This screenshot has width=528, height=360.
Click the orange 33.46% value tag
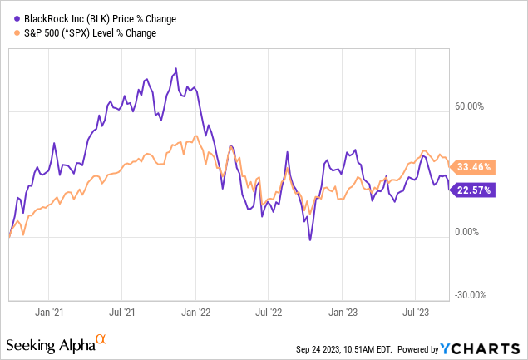click(473, 167)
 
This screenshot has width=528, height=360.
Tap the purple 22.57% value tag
click(473, 190)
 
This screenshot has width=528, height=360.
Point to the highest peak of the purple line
click(175, 68)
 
